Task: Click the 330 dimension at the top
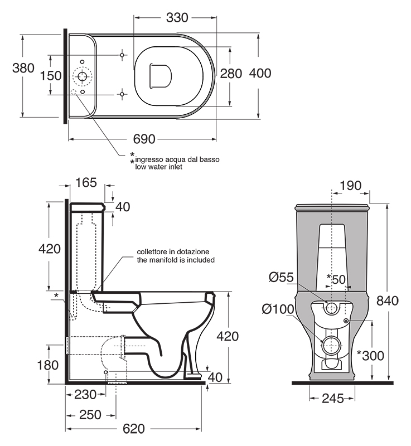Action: [x=177, y=18]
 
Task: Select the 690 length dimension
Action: [x=144, y=139]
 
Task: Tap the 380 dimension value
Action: [x=23, y=68]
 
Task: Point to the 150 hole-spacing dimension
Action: [x=51, y=76]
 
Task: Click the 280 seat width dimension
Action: [x=231, y=74]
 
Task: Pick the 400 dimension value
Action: [x=260, y=74]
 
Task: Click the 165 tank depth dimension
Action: [x=86, y=183]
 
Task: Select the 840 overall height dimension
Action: [x=388, y=300]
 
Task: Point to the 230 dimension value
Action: [x=85, y=395]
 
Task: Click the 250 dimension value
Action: [x=90, y=415]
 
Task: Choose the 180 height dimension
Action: [x=48, y=365]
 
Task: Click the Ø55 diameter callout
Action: [x=281, y=277]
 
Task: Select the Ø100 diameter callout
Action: [x=278, y=309]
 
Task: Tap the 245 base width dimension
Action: [x=333, y=399]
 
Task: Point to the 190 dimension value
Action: [x=350, y=186]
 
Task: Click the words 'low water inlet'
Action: [x=158, y=167]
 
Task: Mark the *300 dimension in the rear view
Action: [x=371, y=356]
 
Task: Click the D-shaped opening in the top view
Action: [x=160, y=75]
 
